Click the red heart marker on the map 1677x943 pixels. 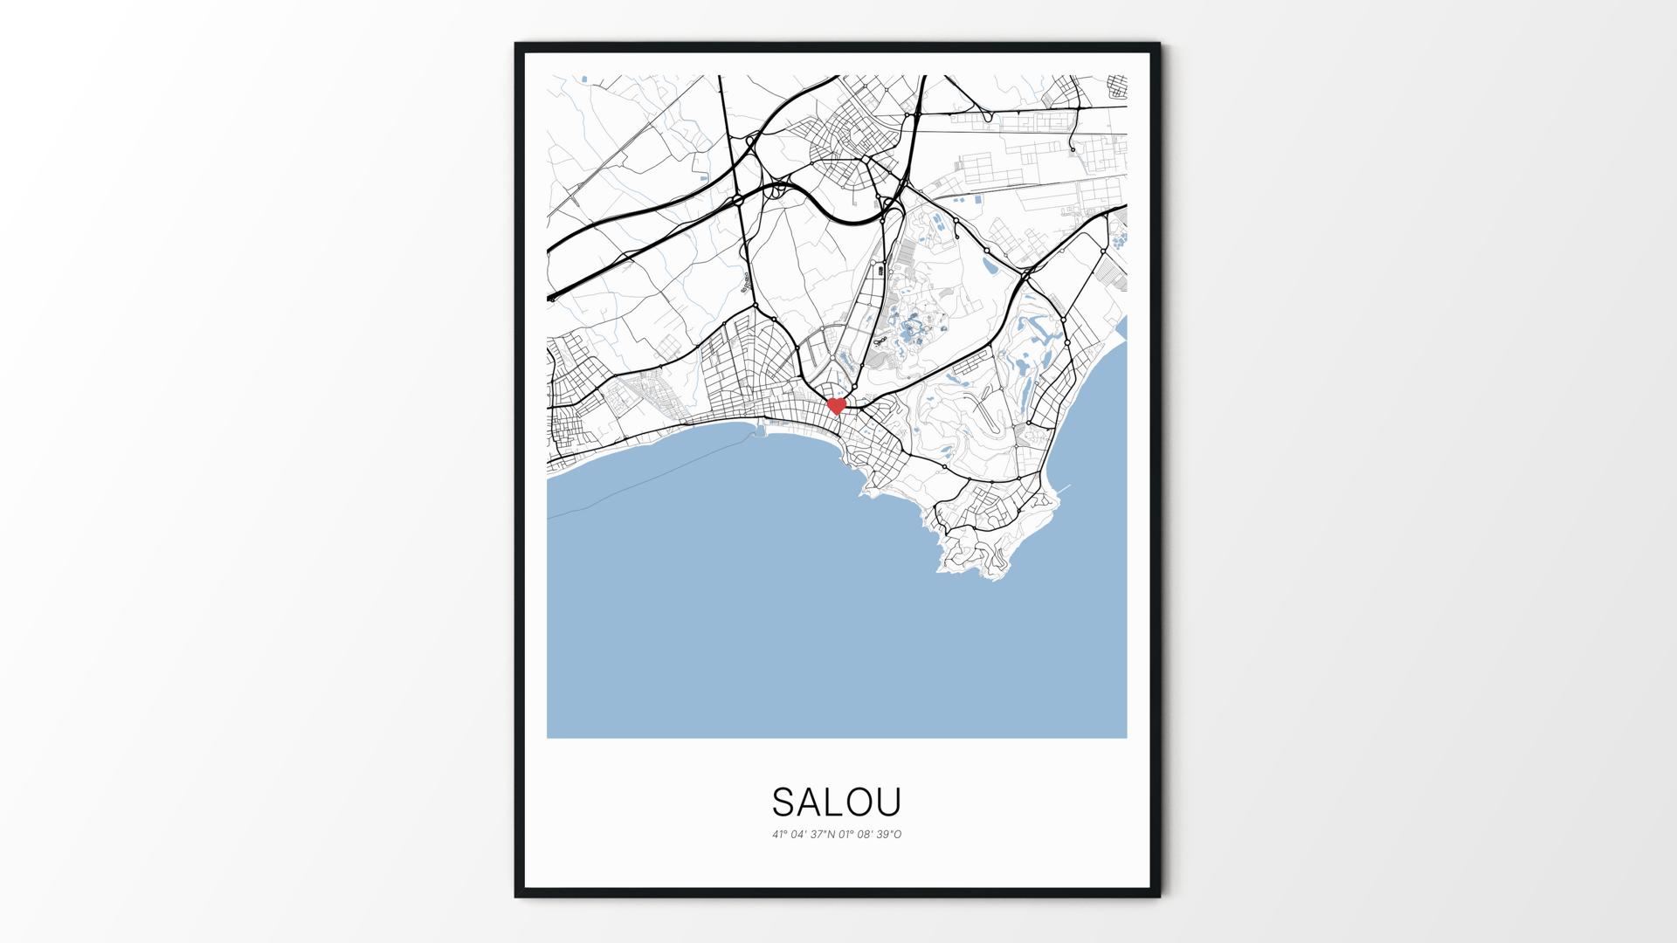[x=837, y=406]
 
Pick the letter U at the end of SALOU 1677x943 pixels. [x=889, y=802]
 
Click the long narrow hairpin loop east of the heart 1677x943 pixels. [x=988, y=417]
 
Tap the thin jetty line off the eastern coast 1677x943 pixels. [x=1065, y=487]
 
